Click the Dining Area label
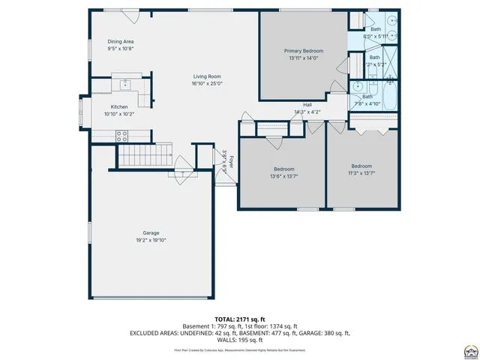pyautogui.click(x=120, y=42)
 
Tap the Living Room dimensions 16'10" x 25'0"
pyautogui.click(x=206, y=84)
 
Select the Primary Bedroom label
pyautogui.click(x=303, y=51)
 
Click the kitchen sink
pyautogui.click(x=125, y=83)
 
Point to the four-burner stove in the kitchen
pyautogui.click(x=121, y=136)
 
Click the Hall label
pyautogui.click(x=307, y=105)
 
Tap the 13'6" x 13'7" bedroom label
pyautogui.click(x=284, y=169)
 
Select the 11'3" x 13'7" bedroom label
pyautogui.click(x=362, y=166)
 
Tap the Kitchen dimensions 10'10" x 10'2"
pyautogui.click(x=120, y=114)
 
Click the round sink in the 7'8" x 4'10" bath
pyautogui.click(x=358, y=86)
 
